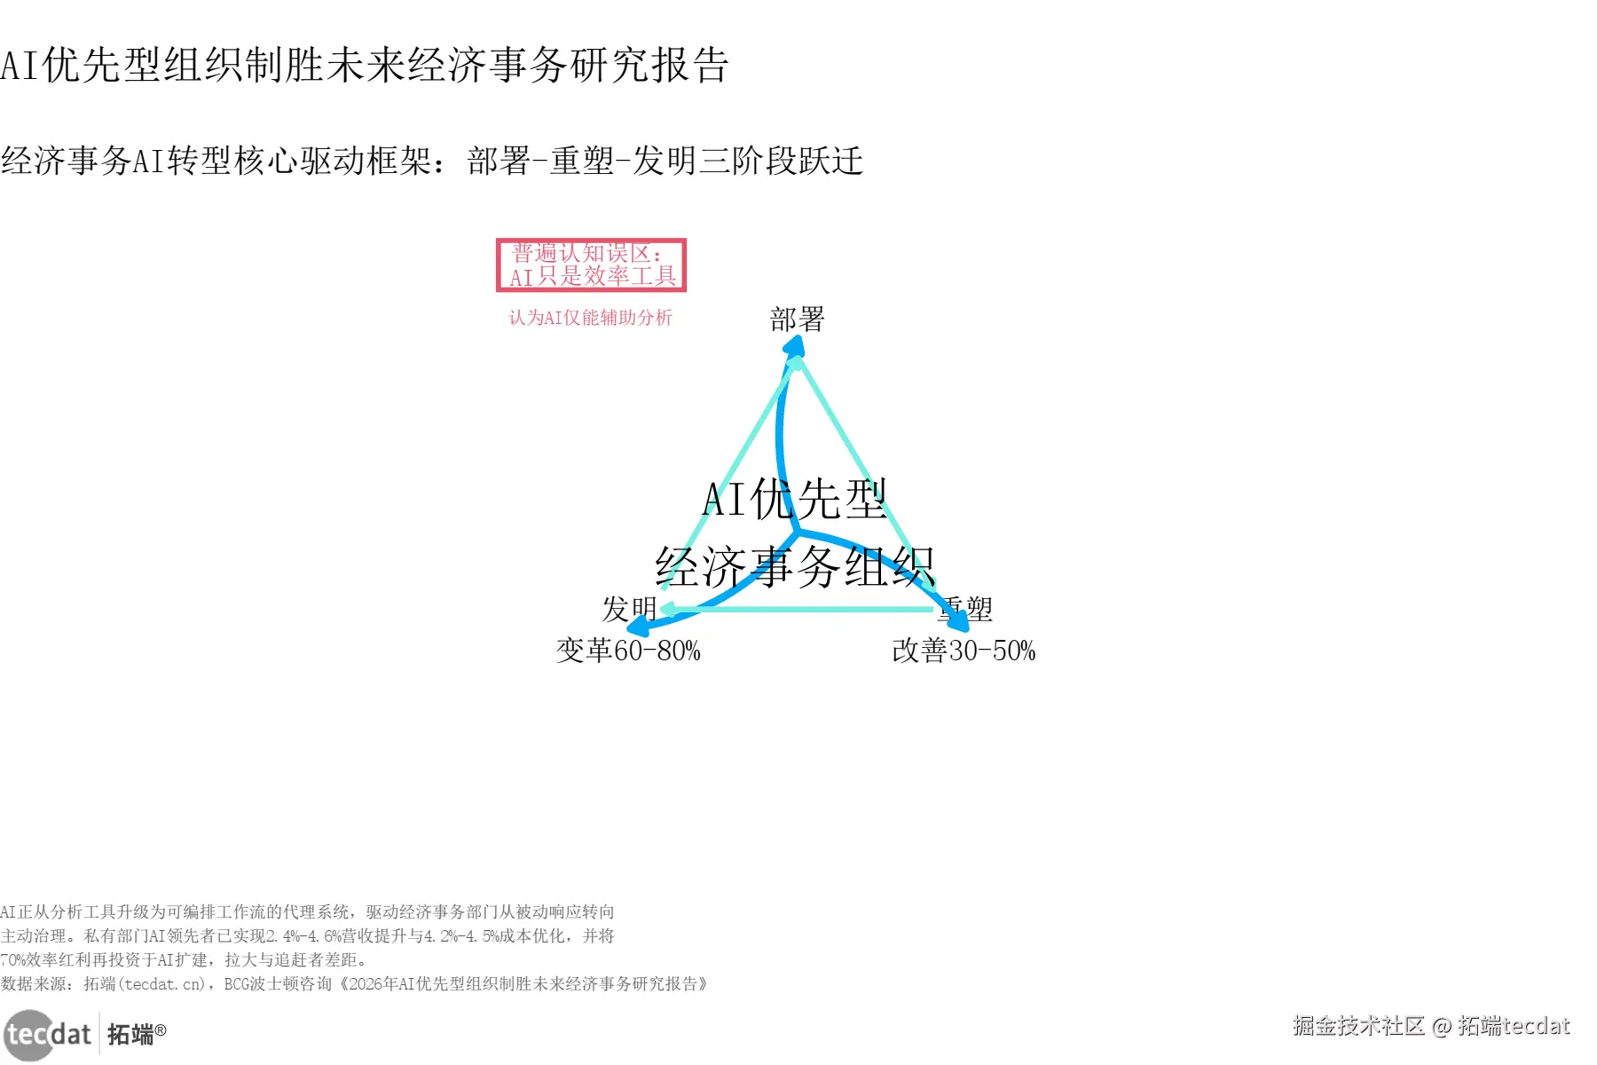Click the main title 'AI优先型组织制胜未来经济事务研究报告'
364,65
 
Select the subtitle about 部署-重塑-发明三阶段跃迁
432,161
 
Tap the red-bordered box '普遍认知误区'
591,264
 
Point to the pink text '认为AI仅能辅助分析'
590,318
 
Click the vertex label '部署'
797,319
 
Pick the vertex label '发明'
629,609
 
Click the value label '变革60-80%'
628,651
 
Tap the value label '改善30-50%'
964,651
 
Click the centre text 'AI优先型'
794,499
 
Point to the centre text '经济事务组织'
794,566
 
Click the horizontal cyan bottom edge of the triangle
798,609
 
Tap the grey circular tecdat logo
29,1035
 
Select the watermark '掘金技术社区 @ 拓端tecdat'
1430,1026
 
